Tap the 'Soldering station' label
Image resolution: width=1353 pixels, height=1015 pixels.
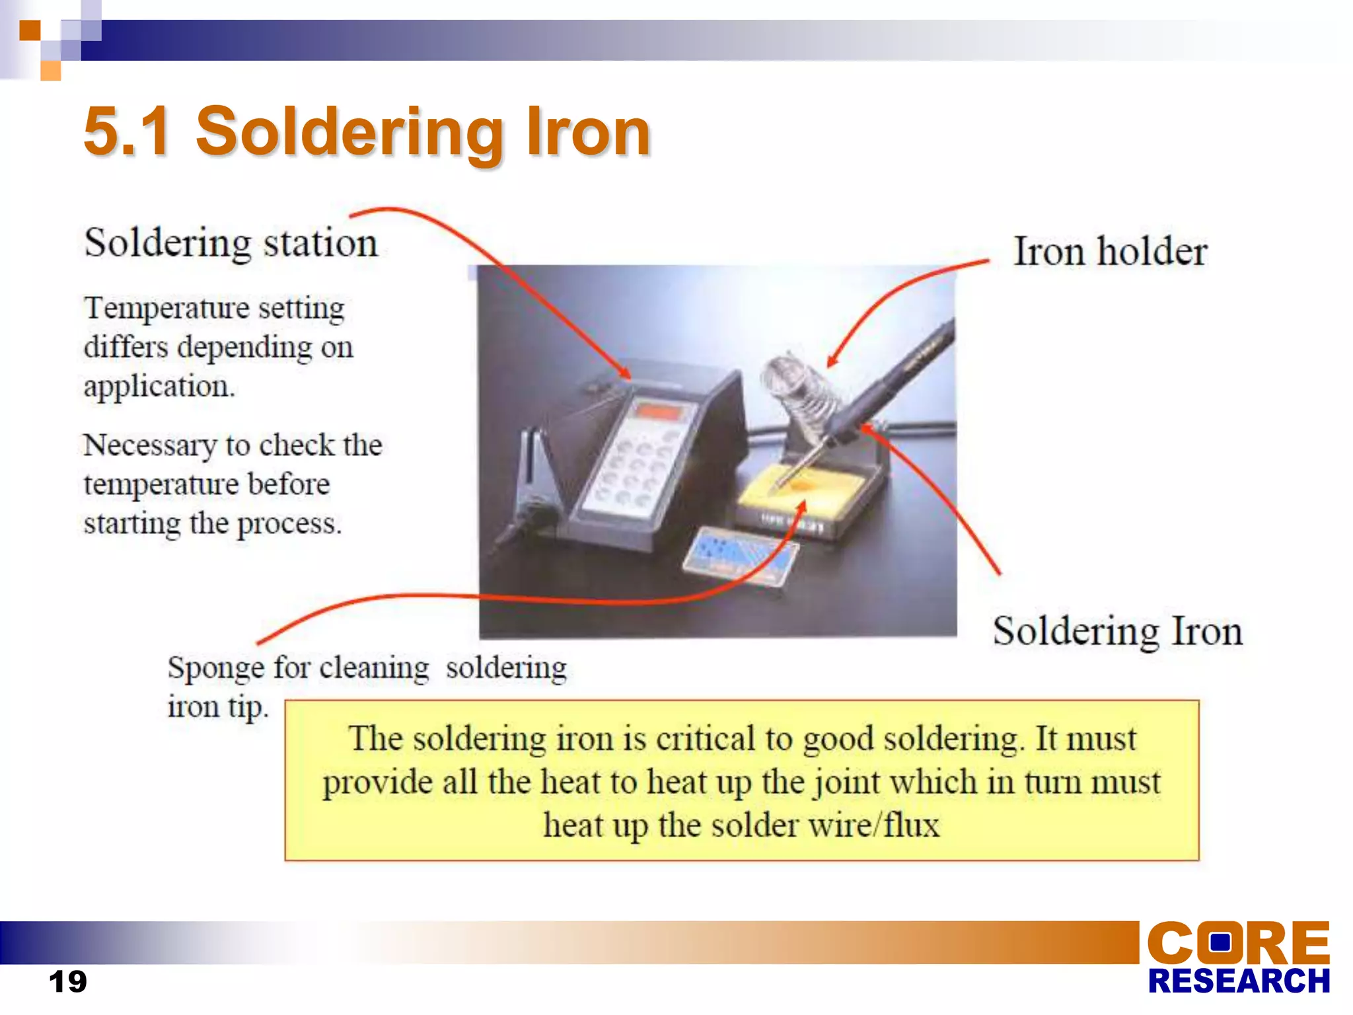coord(231,243)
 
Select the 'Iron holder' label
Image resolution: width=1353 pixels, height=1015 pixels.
coord(1110,252)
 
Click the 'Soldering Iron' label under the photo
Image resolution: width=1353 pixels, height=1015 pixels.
coord(1117,631)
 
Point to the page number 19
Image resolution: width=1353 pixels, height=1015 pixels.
coord(67,981)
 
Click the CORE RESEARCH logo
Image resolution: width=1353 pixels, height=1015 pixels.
coord(1238,958)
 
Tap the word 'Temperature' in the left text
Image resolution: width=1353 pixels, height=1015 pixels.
coord(166,308)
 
